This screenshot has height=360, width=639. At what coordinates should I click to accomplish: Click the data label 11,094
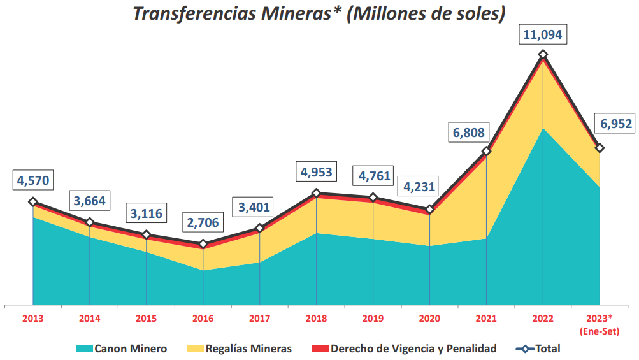point(542,34)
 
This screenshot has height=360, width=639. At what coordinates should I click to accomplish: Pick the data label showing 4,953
point(317,172)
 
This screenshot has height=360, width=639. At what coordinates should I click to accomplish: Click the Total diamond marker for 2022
point(543,55)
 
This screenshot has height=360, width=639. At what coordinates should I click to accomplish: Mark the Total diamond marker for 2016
point(203,244)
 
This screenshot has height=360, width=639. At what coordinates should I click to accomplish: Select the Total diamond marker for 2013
point(33,202)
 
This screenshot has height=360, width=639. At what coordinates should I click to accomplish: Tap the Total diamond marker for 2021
point(486,151)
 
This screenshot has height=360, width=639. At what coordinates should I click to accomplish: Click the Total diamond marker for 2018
point(317,193)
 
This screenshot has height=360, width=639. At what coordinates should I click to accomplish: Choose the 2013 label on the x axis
point(33,318)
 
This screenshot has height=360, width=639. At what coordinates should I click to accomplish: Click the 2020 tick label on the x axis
point(429,318)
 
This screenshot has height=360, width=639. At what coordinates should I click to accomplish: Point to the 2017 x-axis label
point(259,318)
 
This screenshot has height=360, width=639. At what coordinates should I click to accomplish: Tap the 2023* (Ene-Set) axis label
point(600,324)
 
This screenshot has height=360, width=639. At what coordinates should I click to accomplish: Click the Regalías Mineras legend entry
point(239,349)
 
